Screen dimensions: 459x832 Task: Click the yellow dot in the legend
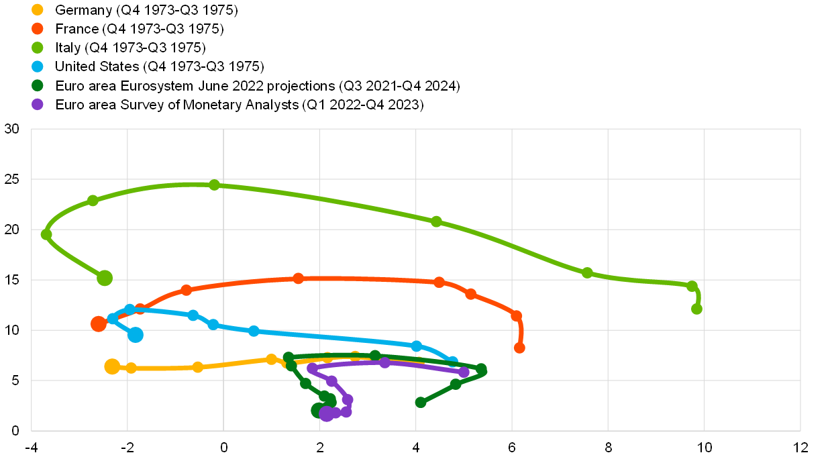38,9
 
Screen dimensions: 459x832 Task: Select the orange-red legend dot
38,28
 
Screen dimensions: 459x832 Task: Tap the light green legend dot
38,48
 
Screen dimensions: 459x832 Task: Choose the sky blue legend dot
38,66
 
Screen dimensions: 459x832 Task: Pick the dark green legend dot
38,85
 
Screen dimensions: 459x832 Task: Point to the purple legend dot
38,104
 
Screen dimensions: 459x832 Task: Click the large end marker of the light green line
105,278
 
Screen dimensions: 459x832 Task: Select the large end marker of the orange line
99,324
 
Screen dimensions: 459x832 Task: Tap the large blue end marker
136,335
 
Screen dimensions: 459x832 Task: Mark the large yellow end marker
112,366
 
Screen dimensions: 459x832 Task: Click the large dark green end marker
319,410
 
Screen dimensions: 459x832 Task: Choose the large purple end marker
327,414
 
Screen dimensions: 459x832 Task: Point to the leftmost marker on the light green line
46,234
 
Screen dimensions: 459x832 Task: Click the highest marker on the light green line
214,185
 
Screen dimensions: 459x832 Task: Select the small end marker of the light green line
696,309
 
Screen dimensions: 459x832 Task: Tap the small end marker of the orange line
519,348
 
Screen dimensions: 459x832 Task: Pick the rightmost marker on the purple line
464,372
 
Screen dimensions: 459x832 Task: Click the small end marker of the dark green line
421,402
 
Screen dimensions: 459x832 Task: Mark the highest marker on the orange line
299,278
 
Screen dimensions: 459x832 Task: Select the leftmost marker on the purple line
312,368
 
